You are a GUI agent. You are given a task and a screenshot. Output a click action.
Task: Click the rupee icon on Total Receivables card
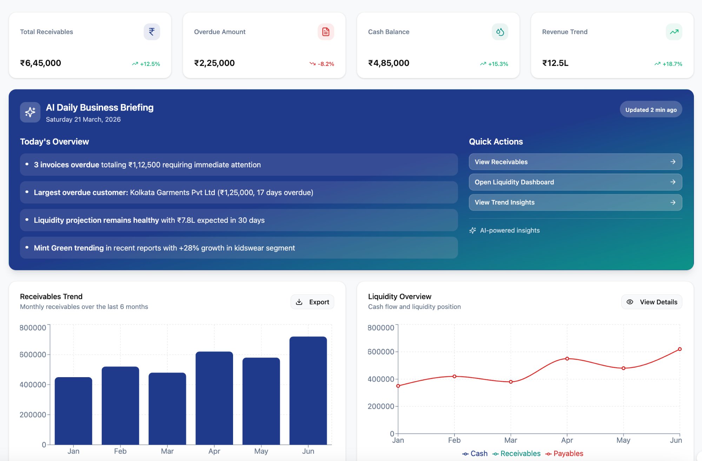click(x=152, y=32)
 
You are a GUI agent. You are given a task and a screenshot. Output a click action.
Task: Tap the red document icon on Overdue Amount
click(x=326, y=32)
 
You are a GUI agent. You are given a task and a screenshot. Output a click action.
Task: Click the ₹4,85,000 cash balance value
click(x=389, y=63)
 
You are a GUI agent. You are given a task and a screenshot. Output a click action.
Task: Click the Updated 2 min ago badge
click(x=651, y=110)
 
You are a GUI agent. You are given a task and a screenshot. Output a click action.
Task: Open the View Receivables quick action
click(x=575, y=162)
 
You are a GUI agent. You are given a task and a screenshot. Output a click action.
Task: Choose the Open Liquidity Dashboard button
click(x=575, y=182)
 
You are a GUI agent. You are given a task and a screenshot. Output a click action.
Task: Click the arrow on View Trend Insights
click(x=673, y=202)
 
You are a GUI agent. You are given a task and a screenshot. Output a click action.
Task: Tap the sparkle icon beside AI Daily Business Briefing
click(x=30, y=112)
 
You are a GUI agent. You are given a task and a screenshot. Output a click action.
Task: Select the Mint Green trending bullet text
click(x=164, y=248)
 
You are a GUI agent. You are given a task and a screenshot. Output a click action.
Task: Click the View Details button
click(x=652, y=302)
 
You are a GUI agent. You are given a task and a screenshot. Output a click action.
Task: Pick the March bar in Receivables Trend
click(x=167, y=408)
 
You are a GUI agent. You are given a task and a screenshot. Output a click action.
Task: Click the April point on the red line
click(x=567, y=359)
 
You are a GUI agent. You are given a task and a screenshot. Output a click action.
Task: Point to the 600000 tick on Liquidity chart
click(x=380, y=352)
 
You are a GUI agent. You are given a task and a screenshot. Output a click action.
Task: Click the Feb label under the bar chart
click(x=120, y=451)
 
